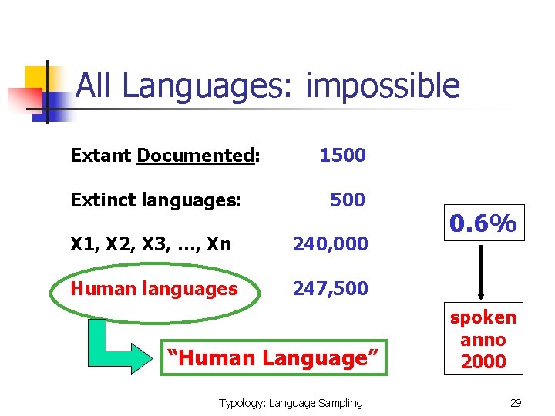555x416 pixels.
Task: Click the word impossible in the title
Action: pos(382,86)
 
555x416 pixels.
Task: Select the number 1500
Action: pos(342,156)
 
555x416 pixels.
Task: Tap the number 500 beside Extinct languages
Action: pos(347,200)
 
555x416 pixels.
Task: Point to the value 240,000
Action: pos(330,244)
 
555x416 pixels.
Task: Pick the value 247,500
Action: pos(330,289)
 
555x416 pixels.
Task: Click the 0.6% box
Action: pos(483,224)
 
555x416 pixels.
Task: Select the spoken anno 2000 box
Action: pos(483,339)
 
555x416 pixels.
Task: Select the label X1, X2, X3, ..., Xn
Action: pos(150,244)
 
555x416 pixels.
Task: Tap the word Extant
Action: pos(101,156)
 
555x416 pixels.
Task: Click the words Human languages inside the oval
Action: pos(153,289)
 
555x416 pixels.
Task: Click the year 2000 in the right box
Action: pos(483,361)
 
